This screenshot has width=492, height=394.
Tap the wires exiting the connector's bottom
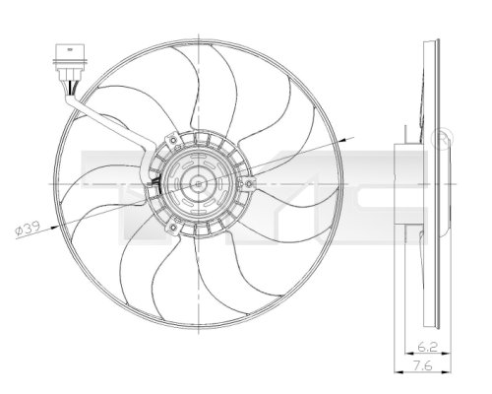69,89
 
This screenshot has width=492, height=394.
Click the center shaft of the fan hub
198,182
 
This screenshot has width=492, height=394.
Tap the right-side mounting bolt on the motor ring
247,182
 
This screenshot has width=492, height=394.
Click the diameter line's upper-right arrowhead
339,142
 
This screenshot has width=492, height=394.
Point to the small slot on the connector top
65,44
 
